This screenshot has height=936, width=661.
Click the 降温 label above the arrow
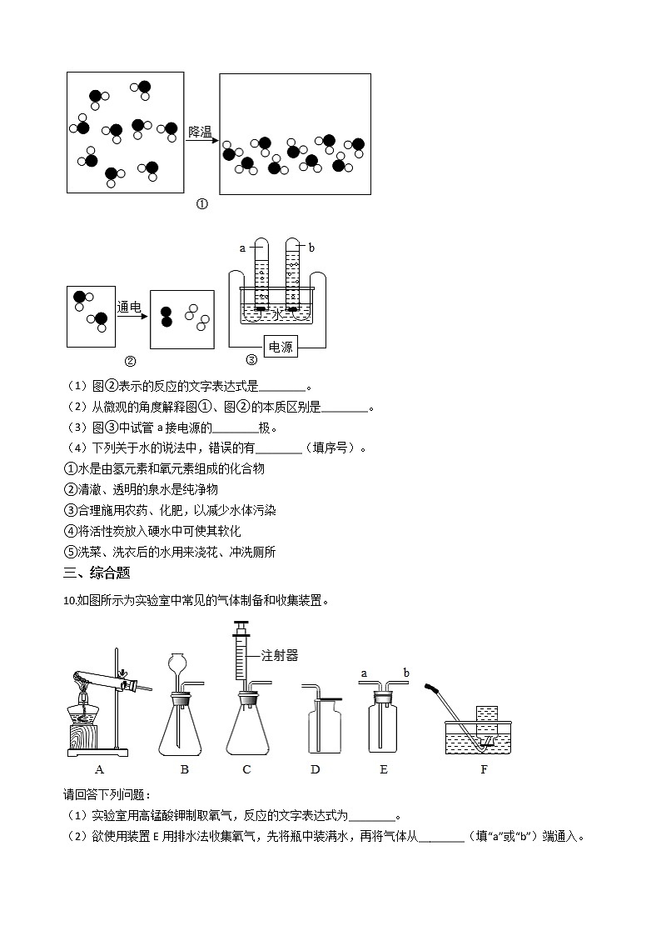[x=201, y=131]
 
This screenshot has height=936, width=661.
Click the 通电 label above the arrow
[x=130, y=306]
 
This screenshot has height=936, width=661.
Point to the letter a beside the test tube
[x=242, y=248]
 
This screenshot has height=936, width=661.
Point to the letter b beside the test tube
[x=311, y=248]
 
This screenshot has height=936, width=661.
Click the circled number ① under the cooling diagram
[x=201, y=204]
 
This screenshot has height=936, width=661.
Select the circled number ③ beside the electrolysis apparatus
[x=251, y=360]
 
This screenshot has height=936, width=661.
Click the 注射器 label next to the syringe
[x=280, y=655]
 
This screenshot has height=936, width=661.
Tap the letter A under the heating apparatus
[x=99, y=769]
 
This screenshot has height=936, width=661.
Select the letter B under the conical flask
[x=184, y=769]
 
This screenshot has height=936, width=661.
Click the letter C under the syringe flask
[x=246, y=769]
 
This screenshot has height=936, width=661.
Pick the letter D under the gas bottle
[x=315, y=769]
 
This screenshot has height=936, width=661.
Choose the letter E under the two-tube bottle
[x=383, y=769]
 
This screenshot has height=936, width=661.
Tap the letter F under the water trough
[x=484, y=769]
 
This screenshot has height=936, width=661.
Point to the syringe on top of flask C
[x=241, y=658]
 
